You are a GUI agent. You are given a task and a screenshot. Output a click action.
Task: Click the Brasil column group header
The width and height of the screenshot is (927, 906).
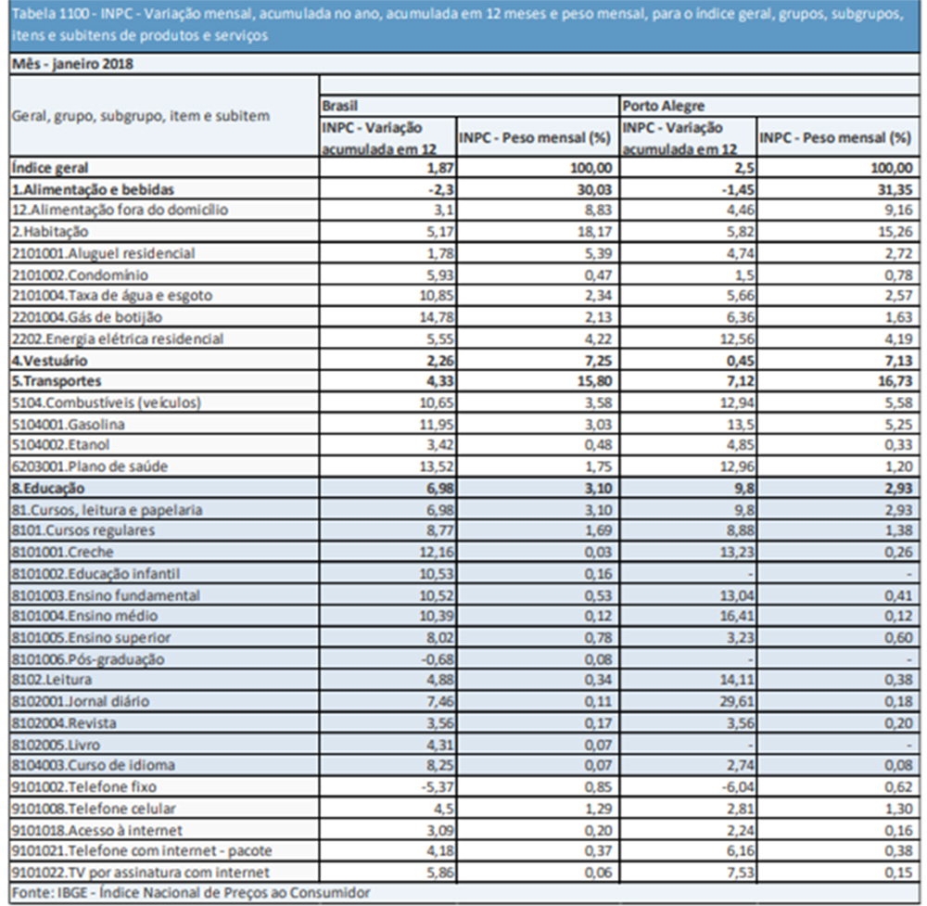[339, 106]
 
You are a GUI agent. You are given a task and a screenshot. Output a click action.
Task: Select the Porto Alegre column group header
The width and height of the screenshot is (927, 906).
[664, 106]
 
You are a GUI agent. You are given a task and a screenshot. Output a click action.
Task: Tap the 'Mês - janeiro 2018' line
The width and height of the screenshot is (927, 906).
[72, 64]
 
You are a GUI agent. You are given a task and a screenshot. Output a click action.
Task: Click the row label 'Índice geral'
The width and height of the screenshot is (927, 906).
[50, 168]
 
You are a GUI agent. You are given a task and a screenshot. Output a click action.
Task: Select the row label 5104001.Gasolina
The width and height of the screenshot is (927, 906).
[68, 424]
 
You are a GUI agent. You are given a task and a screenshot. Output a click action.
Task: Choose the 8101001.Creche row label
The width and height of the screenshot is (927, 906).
[62, 552]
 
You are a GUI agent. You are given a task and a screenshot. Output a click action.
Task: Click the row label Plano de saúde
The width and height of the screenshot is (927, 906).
[89, 466]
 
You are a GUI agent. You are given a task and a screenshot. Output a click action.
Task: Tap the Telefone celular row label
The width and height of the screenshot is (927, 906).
[94, 809]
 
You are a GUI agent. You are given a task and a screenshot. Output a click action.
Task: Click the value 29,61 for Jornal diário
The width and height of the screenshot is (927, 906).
[737, 701]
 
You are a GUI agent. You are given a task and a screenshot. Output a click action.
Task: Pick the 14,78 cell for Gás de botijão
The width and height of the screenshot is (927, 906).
[437, 317]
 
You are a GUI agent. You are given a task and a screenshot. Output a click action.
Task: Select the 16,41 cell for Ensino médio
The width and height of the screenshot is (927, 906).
[737, 617]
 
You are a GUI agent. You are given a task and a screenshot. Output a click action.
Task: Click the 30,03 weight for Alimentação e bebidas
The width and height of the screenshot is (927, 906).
[595, 189]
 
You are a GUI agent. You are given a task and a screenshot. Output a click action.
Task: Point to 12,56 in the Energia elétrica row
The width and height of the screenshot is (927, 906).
[737, 338]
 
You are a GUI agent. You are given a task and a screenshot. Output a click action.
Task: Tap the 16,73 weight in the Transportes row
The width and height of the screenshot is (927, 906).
[895, 381]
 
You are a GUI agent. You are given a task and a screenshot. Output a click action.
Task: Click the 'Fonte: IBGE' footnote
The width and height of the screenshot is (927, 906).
[191, 893]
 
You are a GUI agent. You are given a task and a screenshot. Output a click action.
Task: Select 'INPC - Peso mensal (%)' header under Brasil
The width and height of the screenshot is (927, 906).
[535, 138]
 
